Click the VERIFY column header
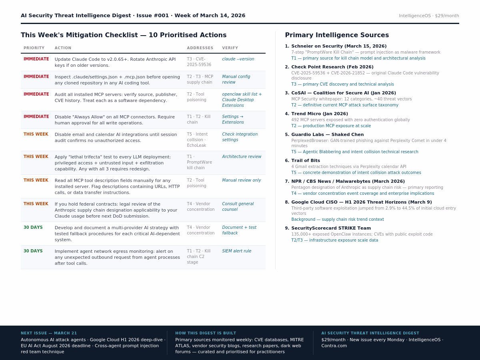click(230, 48)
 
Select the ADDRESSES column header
click(200, 48)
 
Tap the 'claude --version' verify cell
click(238, 59)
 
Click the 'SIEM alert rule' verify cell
click(236, 251)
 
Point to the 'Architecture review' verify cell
click(242, 157)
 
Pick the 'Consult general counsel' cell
click(238, 206)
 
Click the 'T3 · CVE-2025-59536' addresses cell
click(199, 62)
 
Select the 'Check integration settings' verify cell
click(240, 137)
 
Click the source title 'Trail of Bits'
click(306, 161)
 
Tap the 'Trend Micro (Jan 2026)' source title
click(320, 114)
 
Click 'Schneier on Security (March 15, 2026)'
click(339, 46)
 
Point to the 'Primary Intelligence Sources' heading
click(337, 35)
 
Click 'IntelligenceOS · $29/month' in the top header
click(429, 16)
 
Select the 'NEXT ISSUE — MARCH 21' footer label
click(49, 333)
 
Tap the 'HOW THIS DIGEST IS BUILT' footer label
click(206, 333)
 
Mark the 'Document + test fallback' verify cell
click(239, 230)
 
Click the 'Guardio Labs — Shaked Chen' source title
click(328, 135)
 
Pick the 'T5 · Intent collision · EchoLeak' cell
click(197, 140)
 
